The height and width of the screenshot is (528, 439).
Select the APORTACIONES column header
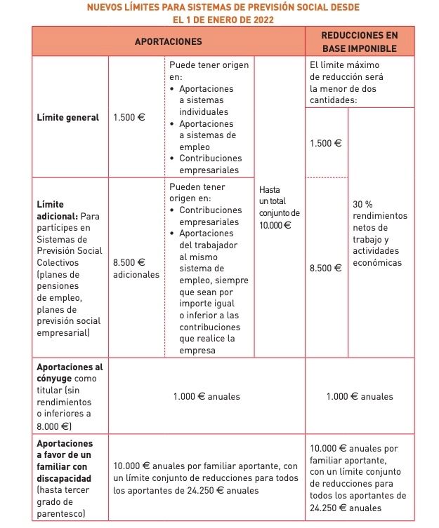[x=168, y=41]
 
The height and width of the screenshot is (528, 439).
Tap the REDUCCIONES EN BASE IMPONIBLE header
[x=359, y=41]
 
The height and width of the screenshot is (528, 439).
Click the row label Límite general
[x=67, y=118]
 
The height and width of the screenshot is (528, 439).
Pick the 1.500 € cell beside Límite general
[x=129, y=118]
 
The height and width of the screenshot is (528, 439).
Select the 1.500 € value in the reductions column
[x=326, y=143]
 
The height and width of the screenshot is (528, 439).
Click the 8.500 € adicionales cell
[x=136, y=268]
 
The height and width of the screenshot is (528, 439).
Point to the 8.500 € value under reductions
[x=326, y=268]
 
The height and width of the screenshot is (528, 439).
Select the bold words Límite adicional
[x=55, y=210]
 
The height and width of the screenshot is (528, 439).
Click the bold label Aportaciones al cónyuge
[x=69, y=372]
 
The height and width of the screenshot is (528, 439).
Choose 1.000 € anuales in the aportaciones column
[x=207, y=397]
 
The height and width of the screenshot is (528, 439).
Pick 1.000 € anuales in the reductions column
[x=360, y=397]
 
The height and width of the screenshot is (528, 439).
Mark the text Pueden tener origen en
[x=197, y=193]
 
